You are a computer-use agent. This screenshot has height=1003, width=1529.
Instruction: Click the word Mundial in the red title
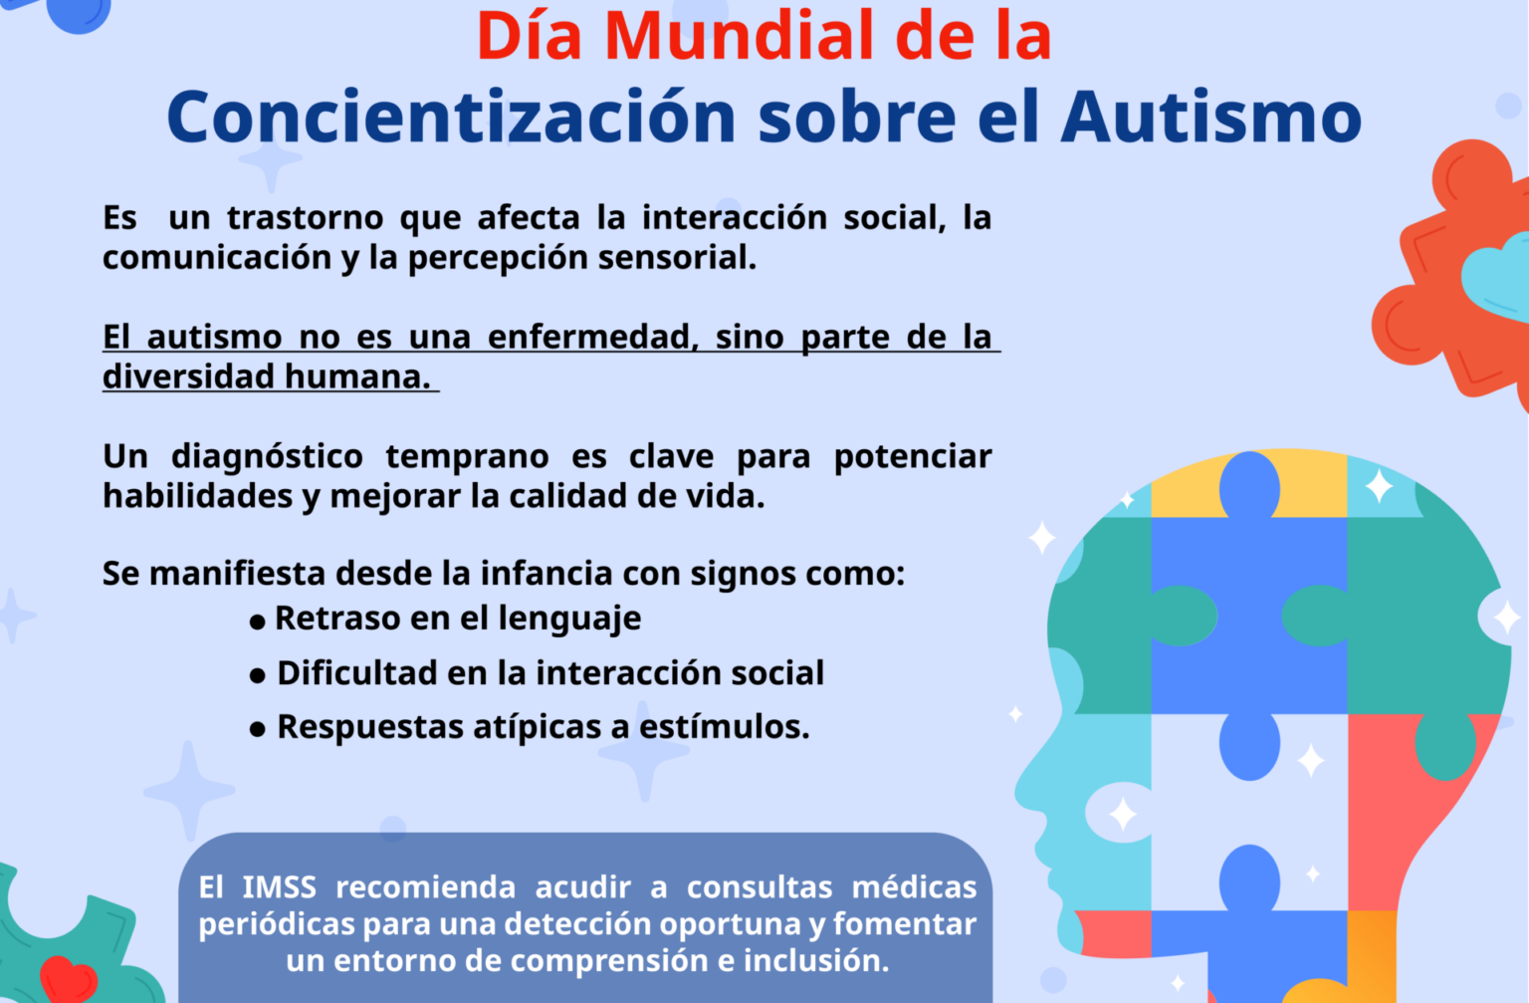pos(741,37)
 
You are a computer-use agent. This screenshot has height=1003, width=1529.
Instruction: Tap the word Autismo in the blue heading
pos(1210,118)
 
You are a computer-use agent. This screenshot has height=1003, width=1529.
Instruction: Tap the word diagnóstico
pos(267,456)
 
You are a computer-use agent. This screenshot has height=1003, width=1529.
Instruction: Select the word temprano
pos(467,456)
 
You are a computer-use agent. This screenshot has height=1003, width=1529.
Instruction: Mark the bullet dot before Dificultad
pos(258,676)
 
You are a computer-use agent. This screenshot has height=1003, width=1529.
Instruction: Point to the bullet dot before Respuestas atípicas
pos(258,730)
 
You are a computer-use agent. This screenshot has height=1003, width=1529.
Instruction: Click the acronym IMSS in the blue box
pos(279,886)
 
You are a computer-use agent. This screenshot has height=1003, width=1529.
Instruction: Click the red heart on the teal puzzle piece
pos(68,978)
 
